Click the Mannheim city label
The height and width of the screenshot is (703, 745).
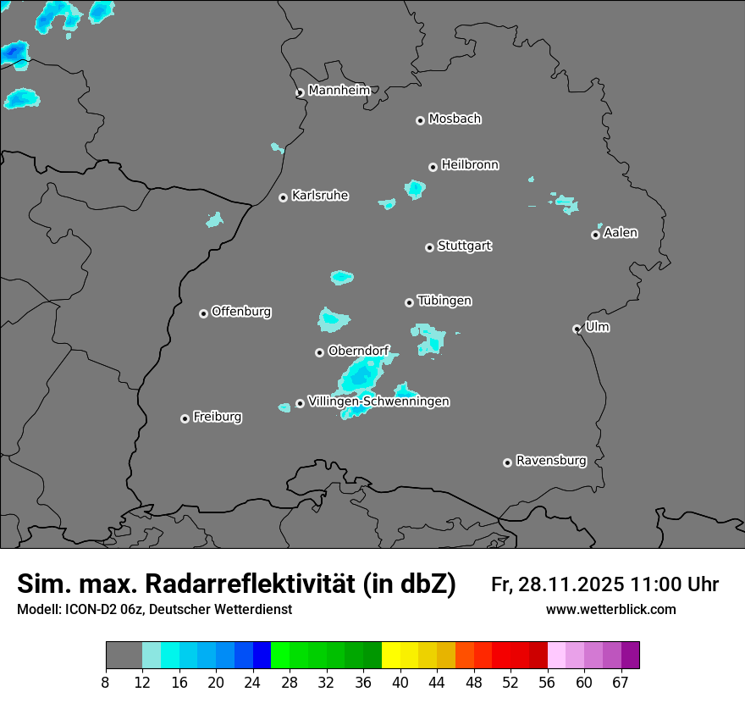339,90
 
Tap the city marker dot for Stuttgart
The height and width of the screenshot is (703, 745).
430,247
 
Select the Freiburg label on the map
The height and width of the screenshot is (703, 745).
217,417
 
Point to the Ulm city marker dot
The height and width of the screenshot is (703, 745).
577,329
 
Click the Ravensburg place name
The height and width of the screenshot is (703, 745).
550,461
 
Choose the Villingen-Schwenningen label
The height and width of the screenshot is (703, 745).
378,401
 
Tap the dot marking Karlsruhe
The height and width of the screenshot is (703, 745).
284,197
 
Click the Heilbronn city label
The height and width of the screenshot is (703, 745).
470,164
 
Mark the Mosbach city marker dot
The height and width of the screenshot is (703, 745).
420,120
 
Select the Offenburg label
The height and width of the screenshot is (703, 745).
240,311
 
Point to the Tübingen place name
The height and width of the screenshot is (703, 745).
444,301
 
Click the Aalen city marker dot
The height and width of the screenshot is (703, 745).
595,235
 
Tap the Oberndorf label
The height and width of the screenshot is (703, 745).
358,350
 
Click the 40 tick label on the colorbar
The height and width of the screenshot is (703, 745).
400,684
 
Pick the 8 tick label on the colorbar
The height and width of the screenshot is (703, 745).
106,684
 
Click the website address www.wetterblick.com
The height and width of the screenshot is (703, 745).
610,609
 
